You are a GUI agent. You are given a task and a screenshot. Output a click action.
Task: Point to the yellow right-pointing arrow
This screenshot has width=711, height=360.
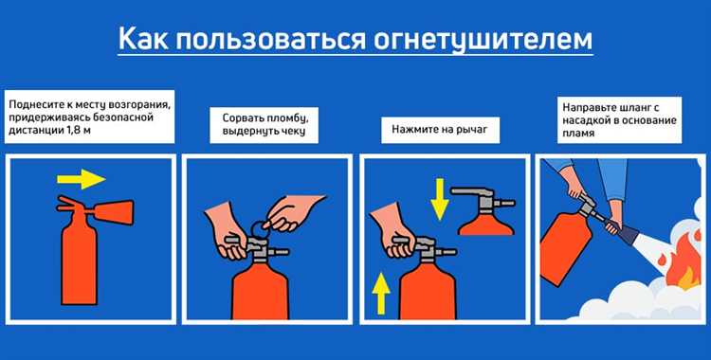click(80, 178)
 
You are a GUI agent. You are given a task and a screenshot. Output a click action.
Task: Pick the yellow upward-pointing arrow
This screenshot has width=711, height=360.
click(381, 291)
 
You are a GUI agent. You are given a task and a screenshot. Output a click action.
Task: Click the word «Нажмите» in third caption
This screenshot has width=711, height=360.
click(415, 128)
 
